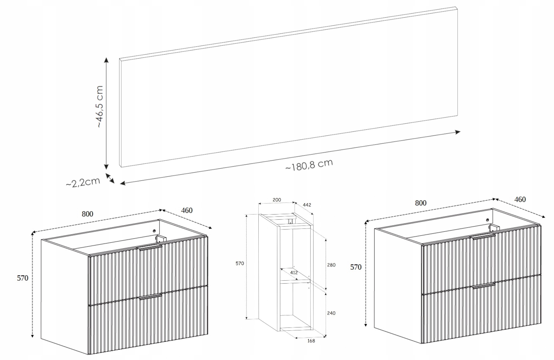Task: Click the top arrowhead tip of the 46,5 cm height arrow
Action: [106, 58]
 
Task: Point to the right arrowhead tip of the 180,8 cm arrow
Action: [460, 132]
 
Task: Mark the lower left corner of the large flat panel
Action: [121, 167]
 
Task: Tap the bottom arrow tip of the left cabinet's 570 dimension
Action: [32, 337]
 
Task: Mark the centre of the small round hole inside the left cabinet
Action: [154, 231]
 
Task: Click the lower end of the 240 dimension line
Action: [326, 337]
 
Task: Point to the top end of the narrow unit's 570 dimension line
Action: [246, 215]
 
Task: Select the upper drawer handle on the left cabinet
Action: [150, 248]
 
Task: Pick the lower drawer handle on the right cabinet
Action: [484, 286]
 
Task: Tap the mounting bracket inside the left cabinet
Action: [160, 239]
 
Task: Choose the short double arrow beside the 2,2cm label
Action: [110, 178]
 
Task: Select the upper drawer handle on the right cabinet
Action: [483, 236]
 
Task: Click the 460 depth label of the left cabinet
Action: [187, 210]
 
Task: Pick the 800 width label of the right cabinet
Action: [421, 203]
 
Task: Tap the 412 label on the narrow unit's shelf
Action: [294, 273]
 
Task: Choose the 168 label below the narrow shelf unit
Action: [311, 341]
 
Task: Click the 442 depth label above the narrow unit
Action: [307, 205]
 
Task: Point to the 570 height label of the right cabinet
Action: [356, 267]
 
